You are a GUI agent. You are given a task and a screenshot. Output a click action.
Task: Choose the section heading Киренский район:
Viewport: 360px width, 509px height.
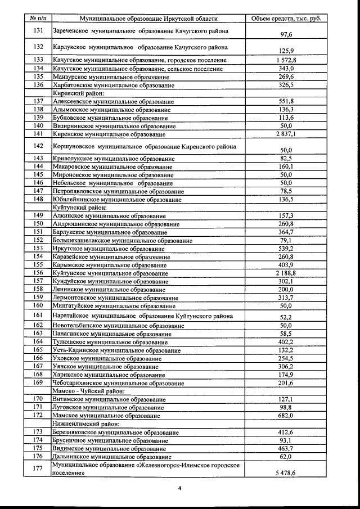tap(78, 93)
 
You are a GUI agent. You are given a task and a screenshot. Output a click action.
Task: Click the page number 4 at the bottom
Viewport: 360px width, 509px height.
tap(179, 488)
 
